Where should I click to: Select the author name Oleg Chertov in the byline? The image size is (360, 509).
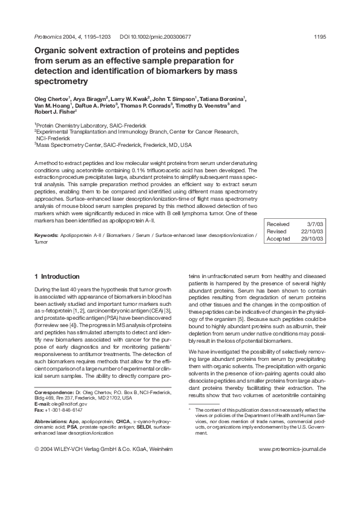(x=52, y=98)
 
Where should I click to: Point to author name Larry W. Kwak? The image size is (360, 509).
(x=130, y=98)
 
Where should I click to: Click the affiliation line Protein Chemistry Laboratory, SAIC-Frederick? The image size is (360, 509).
(x=91, y=125)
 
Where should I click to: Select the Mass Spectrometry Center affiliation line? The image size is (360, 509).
(x=113, y=145)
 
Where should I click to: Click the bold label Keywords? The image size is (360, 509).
(x=47, y=234)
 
